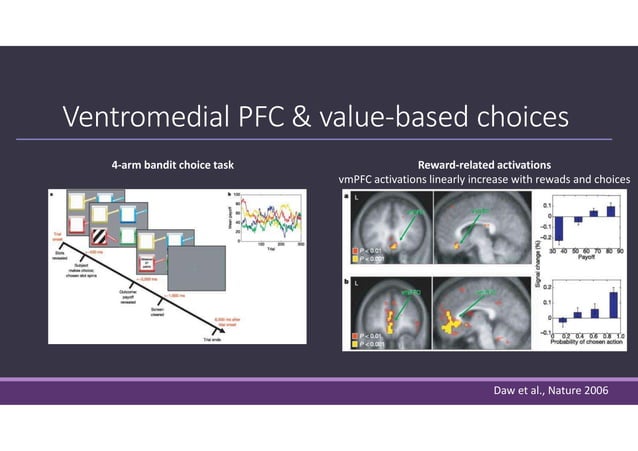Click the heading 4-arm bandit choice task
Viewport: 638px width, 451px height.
point(172,164)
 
